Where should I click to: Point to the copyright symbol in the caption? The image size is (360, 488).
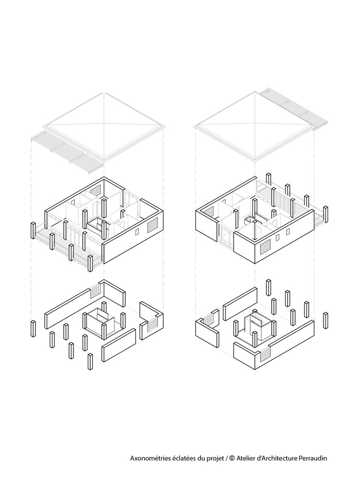coord(231,458)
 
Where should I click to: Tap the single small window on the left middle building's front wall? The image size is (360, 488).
coord(137,232)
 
